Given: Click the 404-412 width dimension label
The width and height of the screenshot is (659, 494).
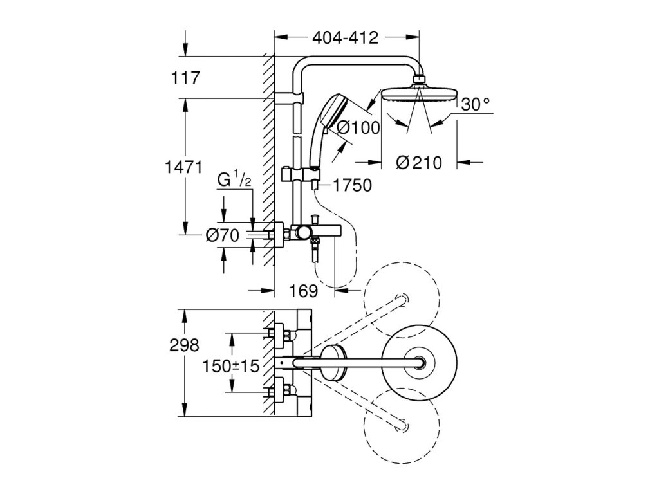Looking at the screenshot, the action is [345, 38].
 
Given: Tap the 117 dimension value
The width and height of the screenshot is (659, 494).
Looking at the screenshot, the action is [186, 78].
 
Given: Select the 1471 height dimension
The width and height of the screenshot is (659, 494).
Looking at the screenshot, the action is [183, 168].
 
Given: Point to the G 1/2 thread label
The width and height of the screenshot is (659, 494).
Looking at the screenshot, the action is [234, 179].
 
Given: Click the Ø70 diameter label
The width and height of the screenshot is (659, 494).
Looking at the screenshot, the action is [222, 235].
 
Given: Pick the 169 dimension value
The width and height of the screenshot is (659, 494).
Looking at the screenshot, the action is [304, 290].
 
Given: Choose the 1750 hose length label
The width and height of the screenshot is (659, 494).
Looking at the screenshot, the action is [352, 185].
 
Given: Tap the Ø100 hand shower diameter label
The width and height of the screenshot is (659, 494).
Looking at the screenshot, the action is [358, 127].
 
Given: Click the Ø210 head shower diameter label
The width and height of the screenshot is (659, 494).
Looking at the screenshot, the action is [419, 163].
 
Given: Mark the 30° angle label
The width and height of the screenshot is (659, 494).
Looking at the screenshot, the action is [476, 104].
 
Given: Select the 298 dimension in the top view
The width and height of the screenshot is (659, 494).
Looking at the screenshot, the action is [184, 345].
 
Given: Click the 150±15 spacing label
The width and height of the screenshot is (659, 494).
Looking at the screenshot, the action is [231, 366].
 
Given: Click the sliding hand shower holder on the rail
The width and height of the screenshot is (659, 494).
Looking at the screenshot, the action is [301, 173].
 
